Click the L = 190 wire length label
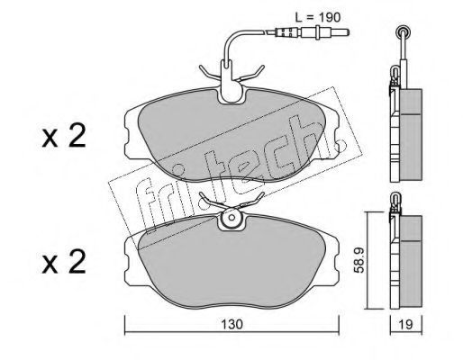[318, 17]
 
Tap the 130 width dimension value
[231, 324]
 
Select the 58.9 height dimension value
[359, 260]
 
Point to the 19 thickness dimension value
[406, 324]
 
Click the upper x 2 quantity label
[64, 136]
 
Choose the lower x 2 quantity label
[64, 262]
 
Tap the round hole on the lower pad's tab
[231, 218]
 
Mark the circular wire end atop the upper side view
[403, 31]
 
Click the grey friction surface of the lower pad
[231, 264]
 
